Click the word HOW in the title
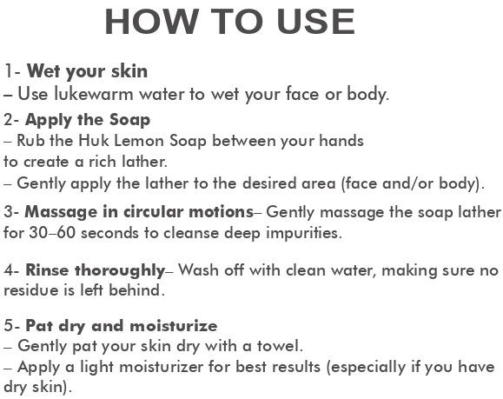coord(151,22)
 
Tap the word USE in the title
coord(316,22)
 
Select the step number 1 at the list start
coord(9,71)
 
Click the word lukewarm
coord(93,94)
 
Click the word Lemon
coord(139,141)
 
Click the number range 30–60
coord(52,233)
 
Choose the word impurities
coord(304,234)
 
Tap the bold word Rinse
coord(47,270)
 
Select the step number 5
coord(9,326)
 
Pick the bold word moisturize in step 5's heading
coord(174,326)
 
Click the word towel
coord(280,346)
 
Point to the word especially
coord(366,368)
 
